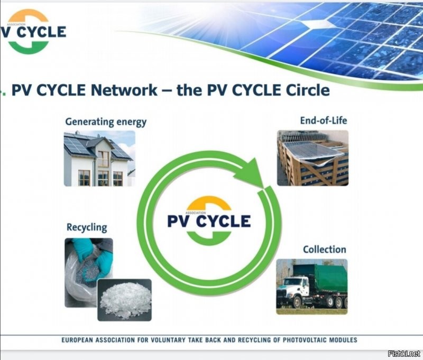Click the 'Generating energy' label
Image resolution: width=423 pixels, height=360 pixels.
pos(106,122)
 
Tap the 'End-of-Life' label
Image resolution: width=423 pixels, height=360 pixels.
pos(323,121)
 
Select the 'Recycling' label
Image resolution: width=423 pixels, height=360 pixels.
pos(86,228)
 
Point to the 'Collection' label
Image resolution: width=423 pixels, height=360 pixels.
pos(325,249)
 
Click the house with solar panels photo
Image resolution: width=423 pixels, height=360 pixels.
pos(99,158)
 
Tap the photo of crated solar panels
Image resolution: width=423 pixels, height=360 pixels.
pos(312,158)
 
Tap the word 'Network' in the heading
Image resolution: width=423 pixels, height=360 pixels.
pos(124,90)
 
